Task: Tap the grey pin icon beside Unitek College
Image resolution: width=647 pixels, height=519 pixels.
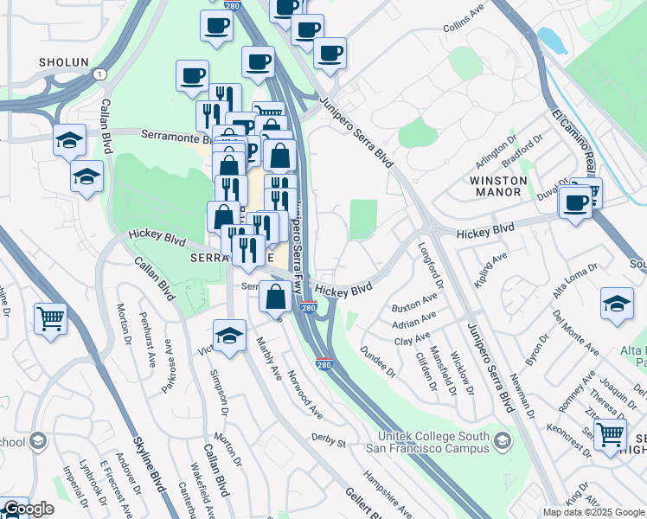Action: tap(502, 443)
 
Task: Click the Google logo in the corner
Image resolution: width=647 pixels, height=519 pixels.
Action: tap(28, 509)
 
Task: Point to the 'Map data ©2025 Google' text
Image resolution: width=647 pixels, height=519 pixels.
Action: tap(593, 512)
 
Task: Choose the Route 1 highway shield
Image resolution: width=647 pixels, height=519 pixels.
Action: tap(102, 75)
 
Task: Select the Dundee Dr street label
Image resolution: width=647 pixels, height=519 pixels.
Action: tap(378, 364)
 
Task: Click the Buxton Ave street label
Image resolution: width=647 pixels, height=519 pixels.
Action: tap(413, 304)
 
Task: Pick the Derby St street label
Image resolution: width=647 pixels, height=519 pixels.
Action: tap(328, 442)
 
